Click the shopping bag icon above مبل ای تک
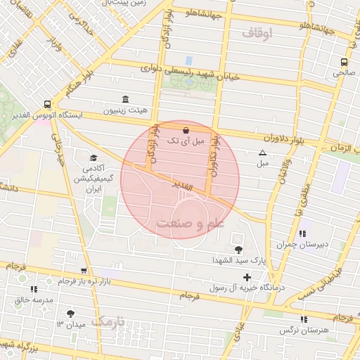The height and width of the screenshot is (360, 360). (x=186, y=130)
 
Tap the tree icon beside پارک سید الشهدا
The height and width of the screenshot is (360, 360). (x=239, y=249)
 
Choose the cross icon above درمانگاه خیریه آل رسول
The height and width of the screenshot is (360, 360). (x=247, y=277)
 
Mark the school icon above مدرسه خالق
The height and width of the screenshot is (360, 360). (x=33, y=289)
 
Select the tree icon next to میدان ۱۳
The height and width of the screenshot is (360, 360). (x=70, y=314)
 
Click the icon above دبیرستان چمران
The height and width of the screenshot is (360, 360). (x=302, y=233)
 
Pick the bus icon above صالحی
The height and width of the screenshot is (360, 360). (x=343, y=61)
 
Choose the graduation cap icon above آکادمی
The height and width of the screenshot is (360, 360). (x=94, y=158)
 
